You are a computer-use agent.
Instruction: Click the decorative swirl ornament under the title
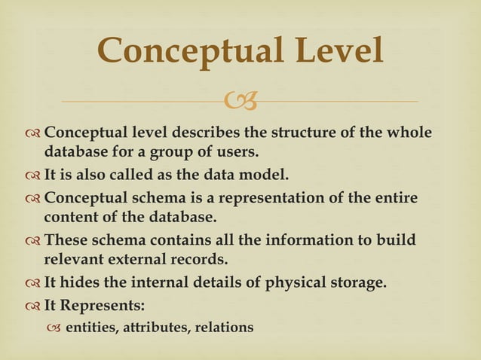[x=240, y=99]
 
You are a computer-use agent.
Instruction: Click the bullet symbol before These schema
[x=32, y=242]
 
